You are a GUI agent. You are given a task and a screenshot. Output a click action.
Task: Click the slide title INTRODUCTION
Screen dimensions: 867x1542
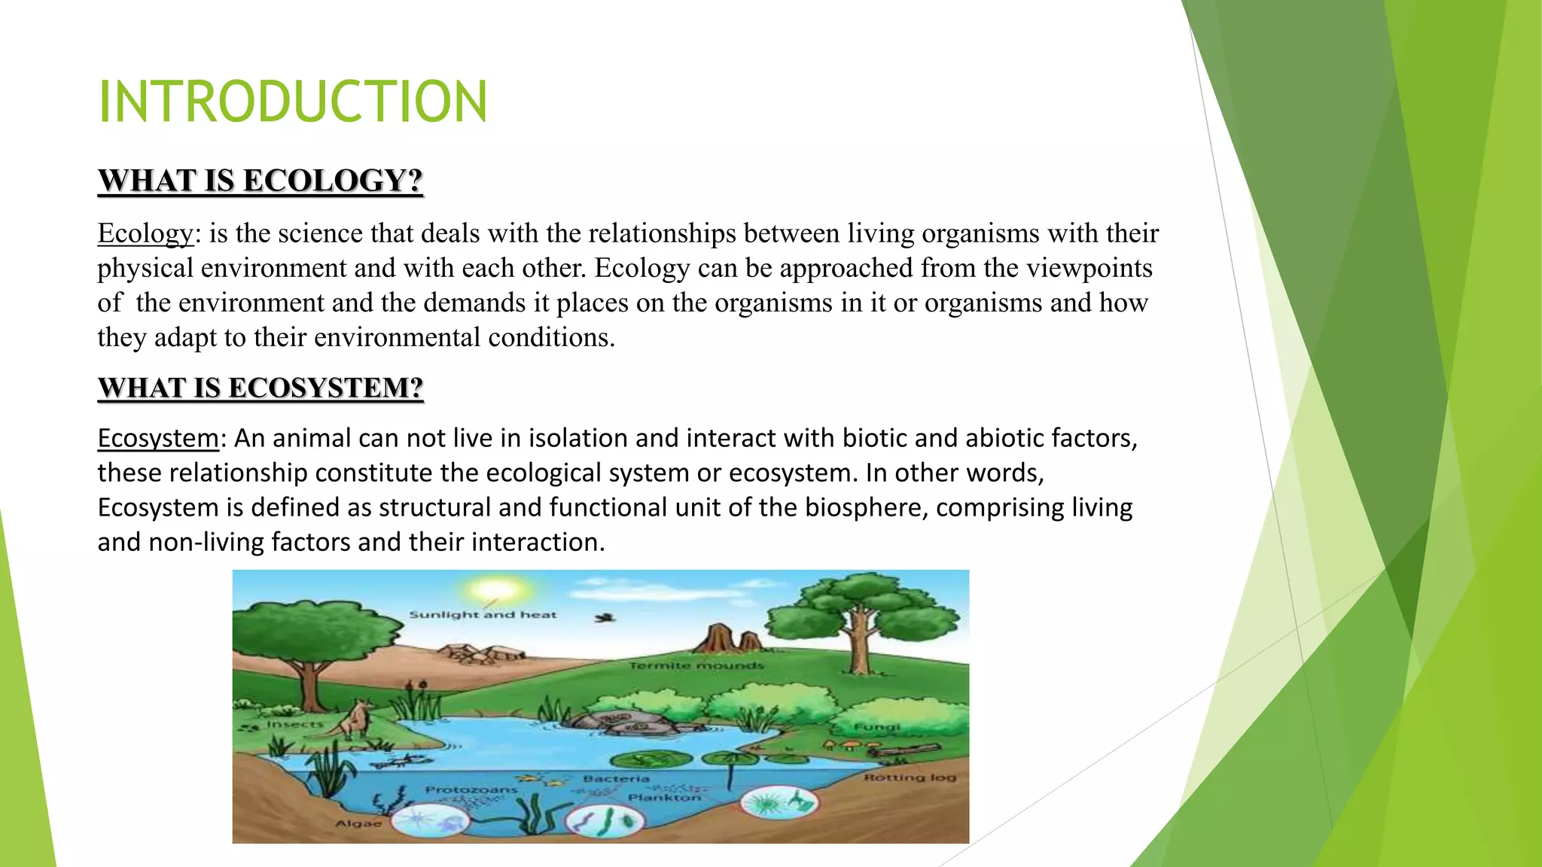click(x=293, y=102)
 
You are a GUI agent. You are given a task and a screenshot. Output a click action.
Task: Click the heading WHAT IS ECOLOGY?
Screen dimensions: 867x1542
click(x=261, y=181)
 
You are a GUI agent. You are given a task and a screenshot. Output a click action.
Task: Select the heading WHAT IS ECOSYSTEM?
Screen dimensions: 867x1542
click(x=261, y=388)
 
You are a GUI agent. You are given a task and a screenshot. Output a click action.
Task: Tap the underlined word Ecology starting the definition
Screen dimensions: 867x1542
click(x=145, y=234)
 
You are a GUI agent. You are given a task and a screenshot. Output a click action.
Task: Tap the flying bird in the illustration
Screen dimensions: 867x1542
click(x=605, y=618)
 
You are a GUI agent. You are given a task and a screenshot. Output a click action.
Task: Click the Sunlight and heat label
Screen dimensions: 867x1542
click(x=483, y=615)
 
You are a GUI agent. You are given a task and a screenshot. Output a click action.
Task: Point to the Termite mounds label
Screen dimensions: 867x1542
click(x=696, y=666)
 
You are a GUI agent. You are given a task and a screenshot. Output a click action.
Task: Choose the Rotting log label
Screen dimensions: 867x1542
click(x=910, y=777)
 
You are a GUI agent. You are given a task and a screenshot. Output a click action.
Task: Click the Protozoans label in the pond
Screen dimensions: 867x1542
click(x=471, y=789)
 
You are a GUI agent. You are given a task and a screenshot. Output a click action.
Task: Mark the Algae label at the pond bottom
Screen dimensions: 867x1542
click(x=358, y=823)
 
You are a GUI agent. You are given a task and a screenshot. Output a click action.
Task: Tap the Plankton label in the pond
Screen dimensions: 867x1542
click(x=665, y=797)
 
